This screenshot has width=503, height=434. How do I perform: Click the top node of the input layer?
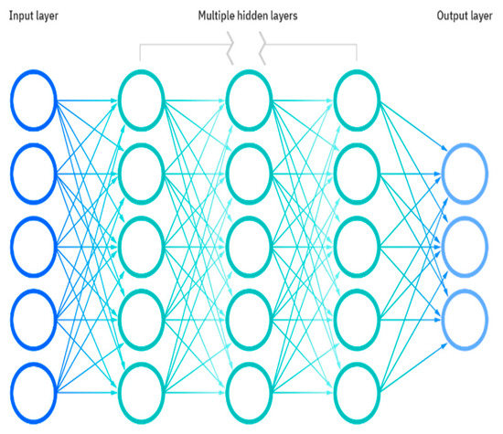34,100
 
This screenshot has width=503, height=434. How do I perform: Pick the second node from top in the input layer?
34,171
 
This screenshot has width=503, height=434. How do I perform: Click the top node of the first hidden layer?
141,100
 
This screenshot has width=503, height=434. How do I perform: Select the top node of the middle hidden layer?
249,100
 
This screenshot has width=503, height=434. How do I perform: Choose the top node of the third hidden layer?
357,100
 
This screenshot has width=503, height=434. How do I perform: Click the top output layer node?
464,171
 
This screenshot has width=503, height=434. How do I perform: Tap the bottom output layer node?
464,313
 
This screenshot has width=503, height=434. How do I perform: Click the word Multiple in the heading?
219,16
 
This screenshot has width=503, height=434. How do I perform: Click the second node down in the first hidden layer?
141,171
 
